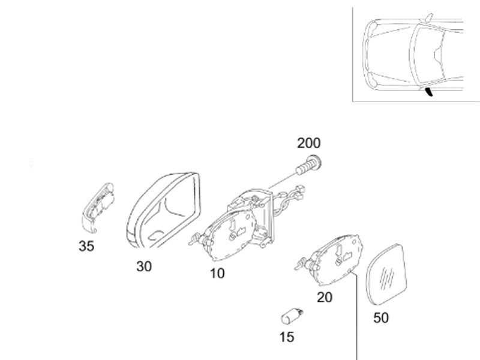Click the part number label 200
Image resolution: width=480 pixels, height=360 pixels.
309,143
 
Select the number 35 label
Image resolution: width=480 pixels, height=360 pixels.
86,246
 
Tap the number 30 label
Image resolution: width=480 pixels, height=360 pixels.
144,266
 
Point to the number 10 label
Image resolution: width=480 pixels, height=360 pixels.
217,274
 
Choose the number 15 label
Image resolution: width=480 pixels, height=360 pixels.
287,337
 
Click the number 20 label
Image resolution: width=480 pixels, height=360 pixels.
325,297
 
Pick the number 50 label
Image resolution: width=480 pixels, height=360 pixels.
381,317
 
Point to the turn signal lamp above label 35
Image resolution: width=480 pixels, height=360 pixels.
100,206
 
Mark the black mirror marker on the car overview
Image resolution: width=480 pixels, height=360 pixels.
430,92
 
